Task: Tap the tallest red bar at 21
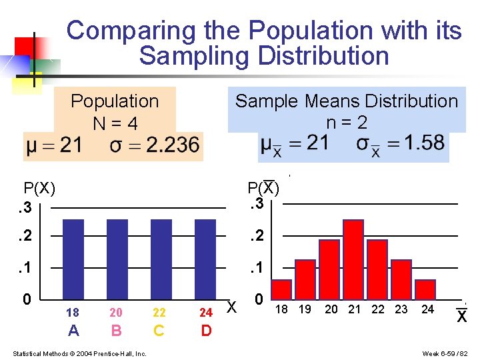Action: (353, 260)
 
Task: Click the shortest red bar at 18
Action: (282, 289)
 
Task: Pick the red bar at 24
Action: (425, 289)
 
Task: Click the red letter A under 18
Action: (73, 331)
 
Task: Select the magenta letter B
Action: (117, 331)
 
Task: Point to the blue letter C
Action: (159, 331)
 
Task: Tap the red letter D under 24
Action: (206, 331)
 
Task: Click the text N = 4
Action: (115, 124)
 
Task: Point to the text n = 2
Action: (347, 123)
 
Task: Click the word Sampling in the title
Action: (188, 56)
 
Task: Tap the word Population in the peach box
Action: (115, 101)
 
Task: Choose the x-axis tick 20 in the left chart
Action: (116, 313)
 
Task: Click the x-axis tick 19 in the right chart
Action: (305, 309)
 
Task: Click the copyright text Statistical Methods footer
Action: (79, 353)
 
